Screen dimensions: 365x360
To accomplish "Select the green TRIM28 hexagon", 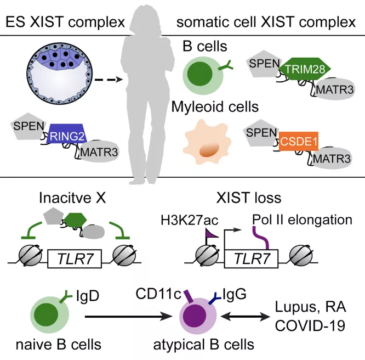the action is click(x=305, y=69).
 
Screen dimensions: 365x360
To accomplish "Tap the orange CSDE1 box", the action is click(x=299, y=141).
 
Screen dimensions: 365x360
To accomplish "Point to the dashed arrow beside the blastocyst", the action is click(x=109, y=80).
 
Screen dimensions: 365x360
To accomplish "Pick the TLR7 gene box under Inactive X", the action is click(x=75, y=259).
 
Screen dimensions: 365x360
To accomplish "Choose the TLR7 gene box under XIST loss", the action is click(x=251, y=259).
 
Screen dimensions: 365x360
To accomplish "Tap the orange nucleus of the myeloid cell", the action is click(x=209, y=150).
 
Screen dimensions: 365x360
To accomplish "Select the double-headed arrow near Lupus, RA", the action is click(x=245, y=317).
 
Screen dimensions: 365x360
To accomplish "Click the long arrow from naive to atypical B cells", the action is click(x=128, y=317).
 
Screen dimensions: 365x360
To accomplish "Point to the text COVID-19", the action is click(x=310, y=325).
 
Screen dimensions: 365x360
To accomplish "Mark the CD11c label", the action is click(x=158, y=294).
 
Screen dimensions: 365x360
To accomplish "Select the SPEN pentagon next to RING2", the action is click(x=28, y=126).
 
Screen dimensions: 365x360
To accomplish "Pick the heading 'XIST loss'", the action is click(x=249, y=198).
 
